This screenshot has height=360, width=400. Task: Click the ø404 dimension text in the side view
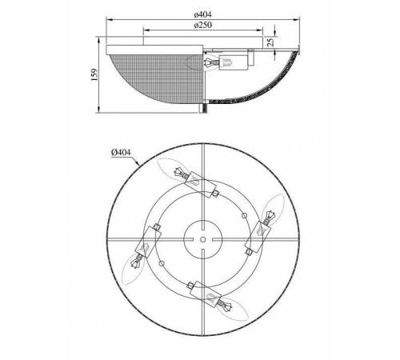(x=203, y=14)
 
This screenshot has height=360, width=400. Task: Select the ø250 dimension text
(x=203, y=25)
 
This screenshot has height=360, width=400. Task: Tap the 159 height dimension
(x=94, y=75)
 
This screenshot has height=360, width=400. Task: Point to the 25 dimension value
(x=270, y=42)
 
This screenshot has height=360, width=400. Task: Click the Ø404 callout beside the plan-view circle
(x=121, y=152)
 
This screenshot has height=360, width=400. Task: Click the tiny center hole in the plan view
(x=203, y=240)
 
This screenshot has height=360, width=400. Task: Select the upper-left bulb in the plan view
(x=170, y=169)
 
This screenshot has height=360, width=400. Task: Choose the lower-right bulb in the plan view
(x=233, y=310)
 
